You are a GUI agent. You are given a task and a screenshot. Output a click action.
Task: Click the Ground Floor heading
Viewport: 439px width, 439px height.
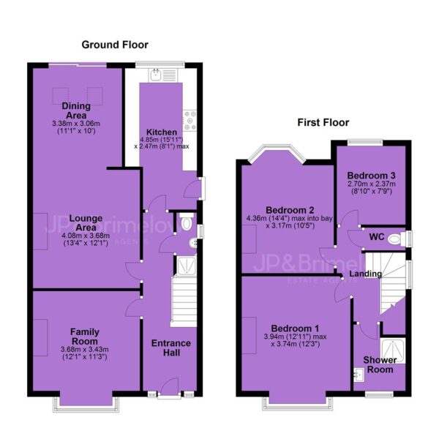[x=115, y=45]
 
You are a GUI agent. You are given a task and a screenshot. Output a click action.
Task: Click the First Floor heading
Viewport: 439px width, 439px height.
[x=323, y=122]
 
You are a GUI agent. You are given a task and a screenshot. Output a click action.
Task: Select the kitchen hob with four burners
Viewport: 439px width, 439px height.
[x=190, y=121]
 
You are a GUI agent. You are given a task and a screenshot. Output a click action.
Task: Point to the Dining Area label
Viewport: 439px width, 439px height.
[x=76, y=110]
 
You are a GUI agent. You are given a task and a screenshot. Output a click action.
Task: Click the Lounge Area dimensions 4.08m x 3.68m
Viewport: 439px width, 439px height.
[x=86, y=236]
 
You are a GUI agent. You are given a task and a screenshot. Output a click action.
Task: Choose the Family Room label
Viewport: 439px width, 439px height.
[x=85, y=337]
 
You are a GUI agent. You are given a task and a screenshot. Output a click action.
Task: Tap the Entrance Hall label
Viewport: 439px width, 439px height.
[x=171, y=348]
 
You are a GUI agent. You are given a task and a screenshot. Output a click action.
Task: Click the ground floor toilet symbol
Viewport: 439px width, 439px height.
[x=187, y=221]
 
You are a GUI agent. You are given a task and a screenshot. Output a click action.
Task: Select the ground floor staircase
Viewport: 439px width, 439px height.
[x=184, y=301]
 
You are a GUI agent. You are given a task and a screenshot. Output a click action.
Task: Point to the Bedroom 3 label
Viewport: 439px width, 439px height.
[x=371, y=176]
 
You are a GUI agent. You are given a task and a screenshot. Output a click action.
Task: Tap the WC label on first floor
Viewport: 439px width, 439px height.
[x=377, y=237]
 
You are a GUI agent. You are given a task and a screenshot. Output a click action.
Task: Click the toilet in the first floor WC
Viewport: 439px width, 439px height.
[x=397, y=239]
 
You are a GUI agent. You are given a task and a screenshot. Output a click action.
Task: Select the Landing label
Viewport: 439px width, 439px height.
[x=365, y=274]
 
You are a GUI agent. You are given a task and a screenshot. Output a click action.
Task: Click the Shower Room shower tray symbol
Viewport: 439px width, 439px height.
[x=392, y=350]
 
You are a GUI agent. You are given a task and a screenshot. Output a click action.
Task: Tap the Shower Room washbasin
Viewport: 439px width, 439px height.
[x=359, y=375]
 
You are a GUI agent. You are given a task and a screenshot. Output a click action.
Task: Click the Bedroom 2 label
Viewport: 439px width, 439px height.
[x=290, y=210]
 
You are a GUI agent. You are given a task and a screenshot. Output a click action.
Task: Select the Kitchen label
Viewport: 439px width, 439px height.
[x=162, y=132]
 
